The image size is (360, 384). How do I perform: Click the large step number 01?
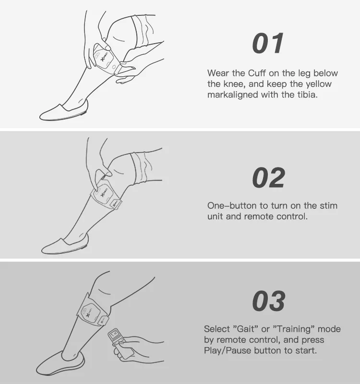coord(268,43)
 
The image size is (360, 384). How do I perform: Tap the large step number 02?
coord(269,178)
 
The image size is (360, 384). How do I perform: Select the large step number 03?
coord(269,301)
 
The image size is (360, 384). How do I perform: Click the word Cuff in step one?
coord(257,73)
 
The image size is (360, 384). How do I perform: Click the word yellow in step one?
coord(319,84)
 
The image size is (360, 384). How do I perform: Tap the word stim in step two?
coord(329,205)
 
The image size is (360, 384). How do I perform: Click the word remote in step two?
coord(259,216)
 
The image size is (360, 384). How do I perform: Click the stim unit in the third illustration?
coord(90,314)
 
